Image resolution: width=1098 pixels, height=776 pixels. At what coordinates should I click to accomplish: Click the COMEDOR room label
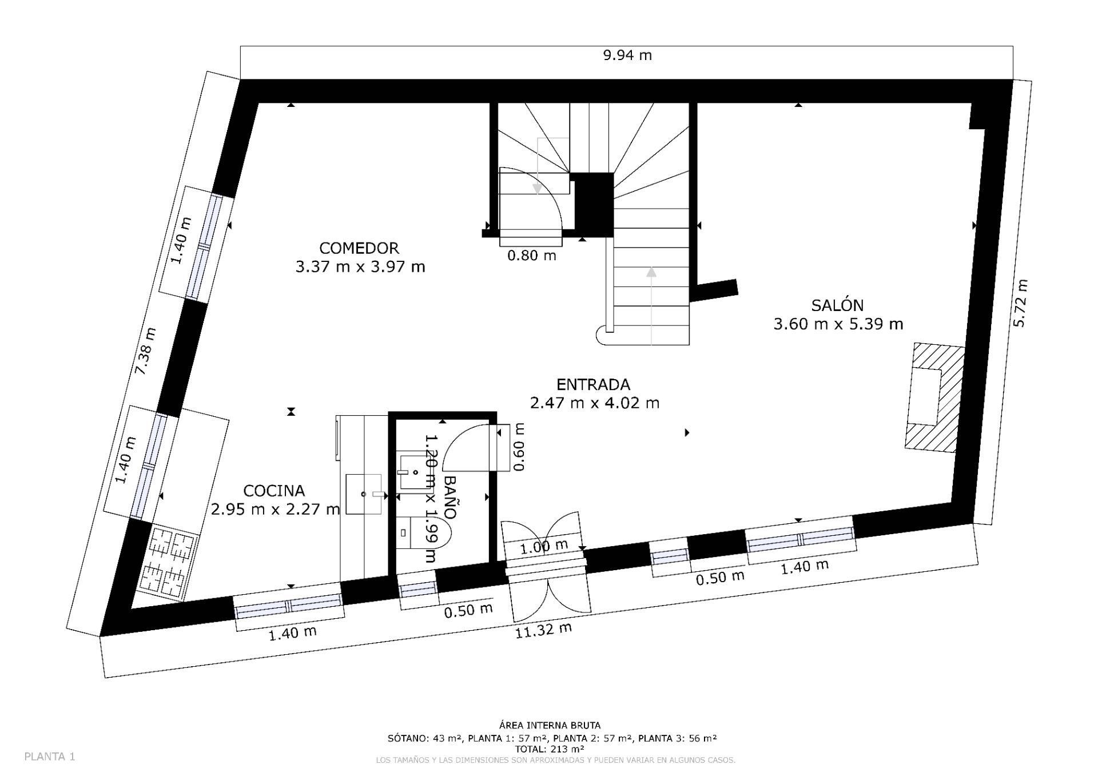point(359,248)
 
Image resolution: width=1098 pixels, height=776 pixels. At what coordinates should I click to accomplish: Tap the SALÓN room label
point(837,305)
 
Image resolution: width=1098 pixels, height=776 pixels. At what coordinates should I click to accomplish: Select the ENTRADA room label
point(594,384)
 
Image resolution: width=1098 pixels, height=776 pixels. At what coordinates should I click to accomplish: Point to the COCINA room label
point(274,491)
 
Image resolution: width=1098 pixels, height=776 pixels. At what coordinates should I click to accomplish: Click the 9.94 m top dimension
point(627,55)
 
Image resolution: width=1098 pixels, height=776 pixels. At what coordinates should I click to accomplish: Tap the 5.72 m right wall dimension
point(1020,303)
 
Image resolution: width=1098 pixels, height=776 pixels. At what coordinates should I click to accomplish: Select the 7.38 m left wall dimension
point(145,351)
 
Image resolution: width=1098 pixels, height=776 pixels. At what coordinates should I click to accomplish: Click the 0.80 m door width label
point(532,255)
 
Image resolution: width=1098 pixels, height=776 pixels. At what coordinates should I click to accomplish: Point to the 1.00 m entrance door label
point(544,547)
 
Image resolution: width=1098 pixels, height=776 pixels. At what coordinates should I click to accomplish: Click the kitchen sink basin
point(364,494)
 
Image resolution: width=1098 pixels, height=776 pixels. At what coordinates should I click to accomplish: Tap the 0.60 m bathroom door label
point(519,447)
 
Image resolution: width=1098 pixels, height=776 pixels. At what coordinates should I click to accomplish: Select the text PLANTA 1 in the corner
point(50,757)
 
